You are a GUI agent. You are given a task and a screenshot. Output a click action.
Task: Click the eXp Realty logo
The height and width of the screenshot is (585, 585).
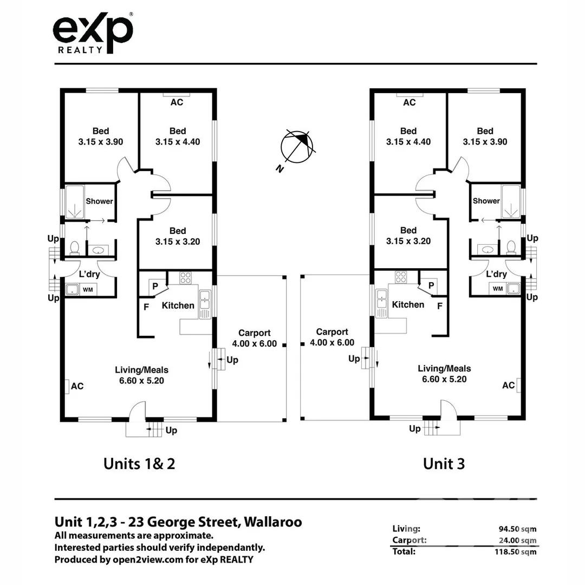click(x=93, y=34)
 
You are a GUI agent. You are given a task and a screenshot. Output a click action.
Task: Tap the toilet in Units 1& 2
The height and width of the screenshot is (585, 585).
click(x=74, y=248)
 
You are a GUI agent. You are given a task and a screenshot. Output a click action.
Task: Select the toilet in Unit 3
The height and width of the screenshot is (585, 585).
click(x=510, y=248)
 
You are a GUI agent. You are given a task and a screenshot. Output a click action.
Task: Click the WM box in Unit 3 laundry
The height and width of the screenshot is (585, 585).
click(x=498, y=289)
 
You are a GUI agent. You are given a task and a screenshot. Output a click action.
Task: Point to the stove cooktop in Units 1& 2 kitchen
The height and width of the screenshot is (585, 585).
click(x=185, y=278)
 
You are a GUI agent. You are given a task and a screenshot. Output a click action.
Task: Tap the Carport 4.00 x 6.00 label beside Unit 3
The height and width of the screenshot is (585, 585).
click(x=331, y=337)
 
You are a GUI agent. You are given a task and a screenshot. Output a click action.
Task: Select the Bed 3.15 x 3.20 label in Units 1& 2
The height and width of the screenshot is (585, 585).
click(x=177, y=236)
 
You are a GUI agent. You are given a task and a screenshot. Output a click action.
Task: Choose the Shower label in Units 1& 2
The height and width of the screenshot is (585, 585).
click(x=100, y=201)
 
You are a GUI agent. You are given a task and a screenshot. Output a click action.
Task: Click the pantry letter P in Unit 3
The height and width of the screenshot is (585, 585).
click(x=431, y=285)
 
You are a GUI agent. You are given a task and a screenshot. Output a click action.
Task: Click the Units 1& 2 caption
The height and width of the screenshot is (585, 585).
click(x=139, y=464)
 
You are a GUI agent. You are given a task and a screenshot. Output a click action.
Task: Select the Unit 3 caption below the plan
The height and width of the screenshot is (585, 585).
click(x=444, y=464)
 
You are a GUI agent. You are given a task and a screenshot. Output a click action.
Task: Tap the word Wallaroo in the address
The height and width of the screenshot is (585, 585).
click(x=273, y=522)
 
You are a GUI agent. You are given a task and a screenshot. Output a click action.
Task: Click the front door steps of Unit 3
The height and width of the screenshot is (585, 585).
click(x=431, y=428)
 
